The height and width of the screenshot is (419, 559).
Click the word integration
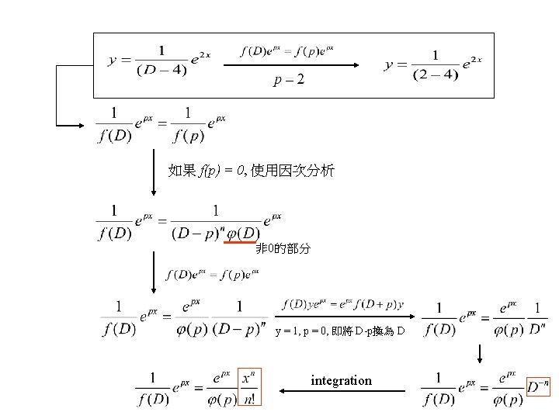341,380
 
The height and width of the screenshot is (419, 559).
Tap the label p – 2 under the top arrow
289,80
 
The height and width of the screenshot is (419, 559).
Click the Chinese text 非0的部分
283,249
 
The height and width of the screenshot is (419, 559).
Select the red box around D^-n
537,386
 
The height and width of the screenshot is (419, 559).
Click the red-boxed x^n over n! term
250,386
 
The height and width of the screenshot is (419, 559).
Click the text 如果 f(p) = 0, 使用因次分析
251,170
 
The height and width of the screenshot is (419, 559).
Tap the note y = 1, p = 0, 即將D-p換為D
339,331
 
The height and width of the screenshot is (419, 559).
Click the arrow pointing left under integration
342,392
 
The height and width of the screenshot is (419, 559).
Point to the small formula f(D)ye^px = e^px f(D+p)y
342,303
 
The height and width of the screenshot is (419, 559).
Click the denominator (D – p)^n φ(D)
214,233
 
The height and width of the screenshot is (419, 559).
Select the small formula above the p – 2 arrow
287,51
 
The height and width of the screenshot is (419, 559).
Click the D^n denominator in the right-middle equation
537,330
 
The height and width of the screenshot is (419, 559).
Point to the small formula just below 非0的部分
213,273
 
